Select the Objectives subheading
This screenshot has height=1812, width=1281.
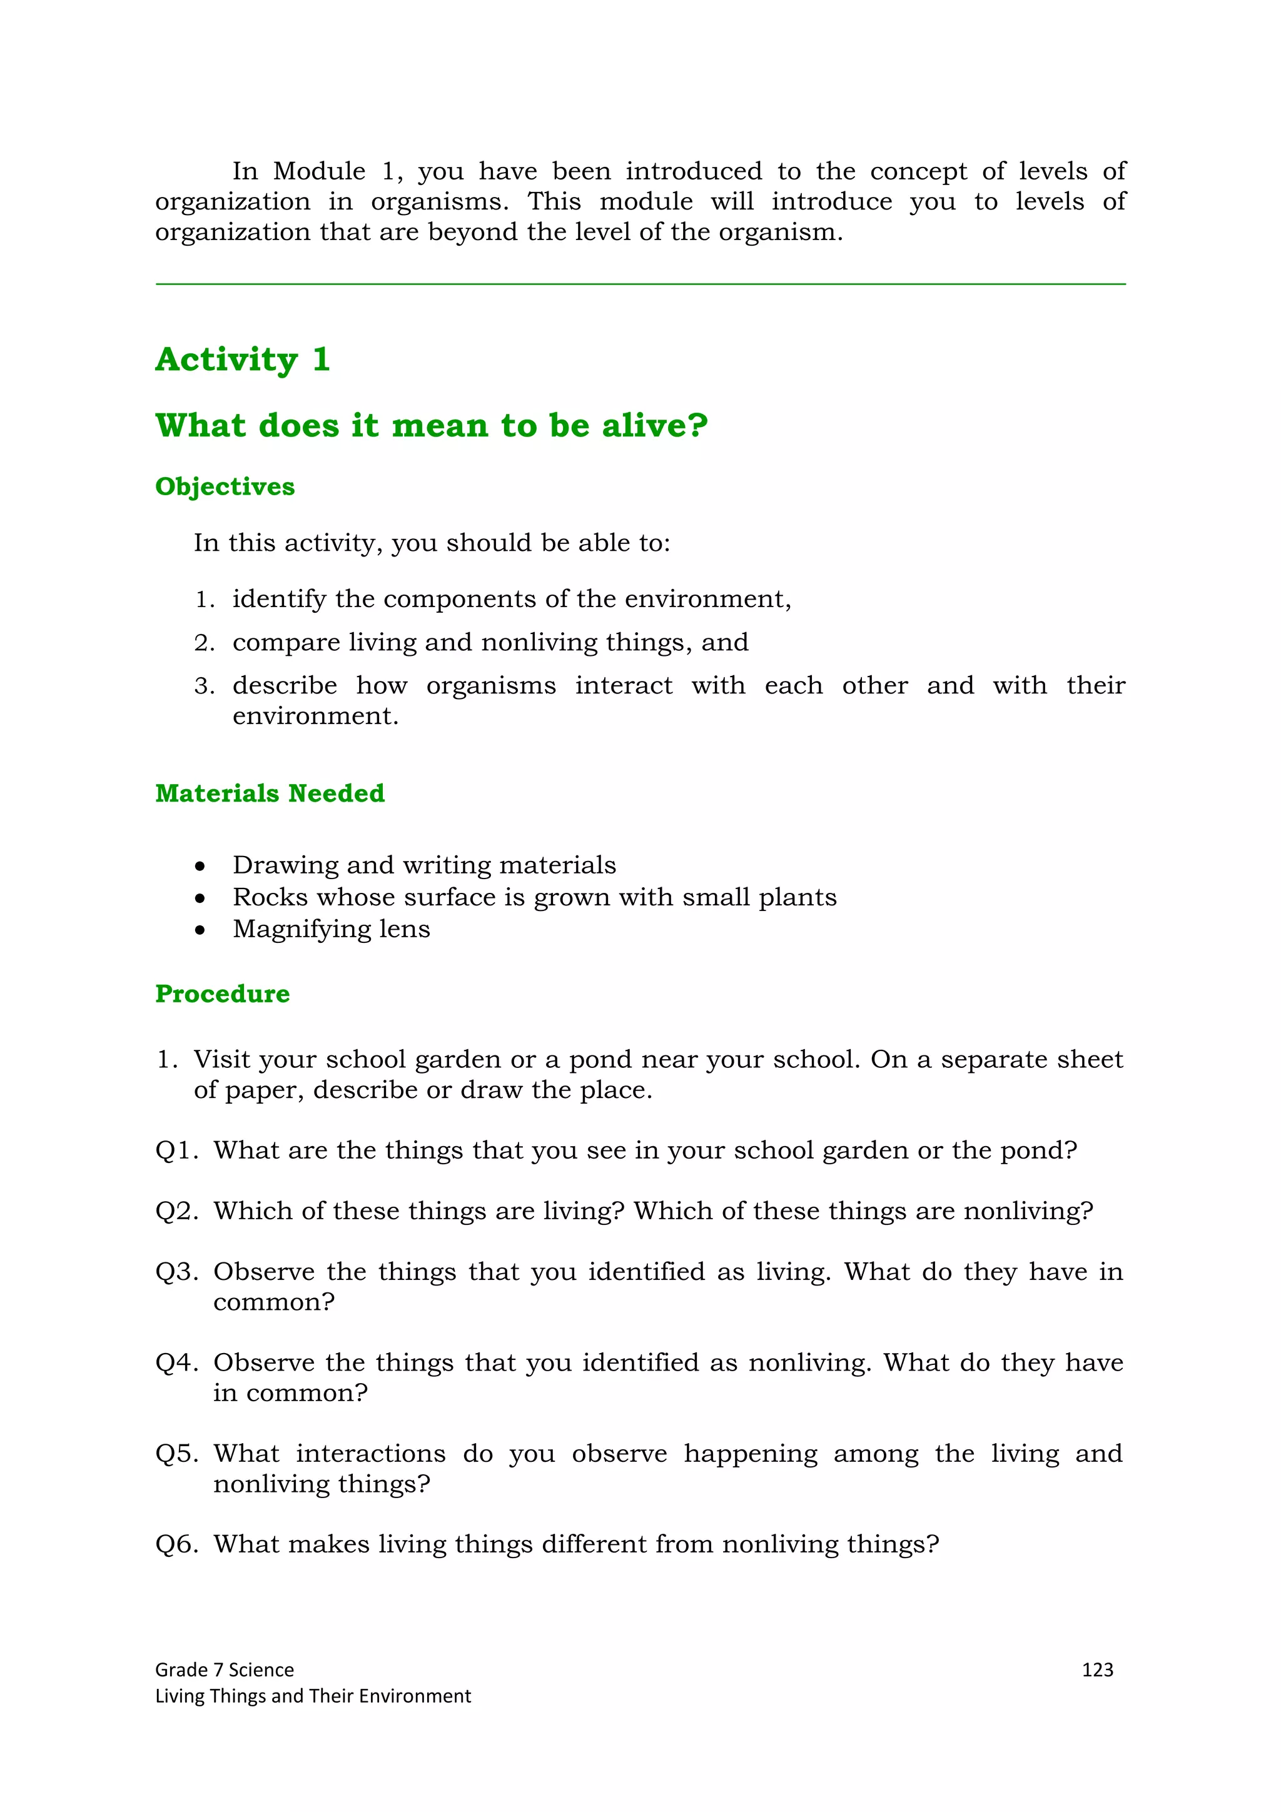[225, 486]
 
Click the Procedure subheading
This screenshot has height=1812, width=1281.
[223, 994]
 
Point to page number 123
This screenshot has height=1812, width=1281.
[1097, 1669]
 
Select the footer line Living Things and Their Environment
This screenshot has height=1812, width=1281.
[313, 1695]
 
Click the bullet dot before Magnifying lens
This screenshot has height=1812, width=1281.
[201, 930]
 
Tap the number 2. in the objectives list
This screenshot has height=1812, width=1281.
[204, 643]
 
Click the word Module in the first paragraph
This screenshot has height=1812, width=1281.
[319, 171]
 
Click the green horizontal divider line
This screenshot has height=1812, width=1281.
[640, 284]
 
